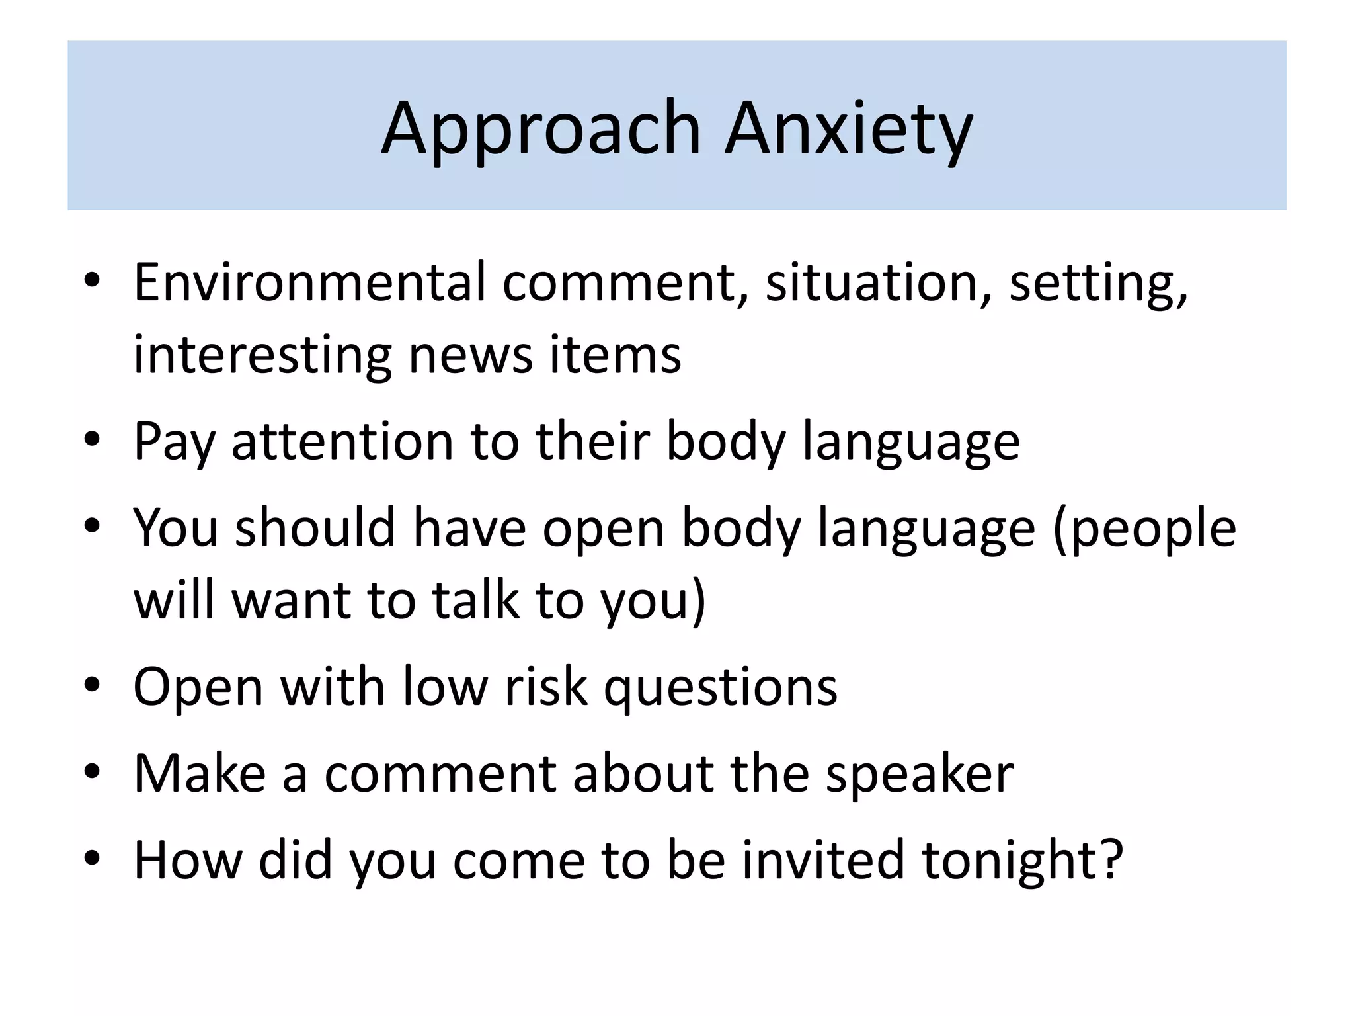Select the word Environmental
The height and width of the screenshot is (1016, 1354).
tap(309, 283)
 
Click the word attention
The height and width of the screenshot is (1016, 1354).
tap(342, 442)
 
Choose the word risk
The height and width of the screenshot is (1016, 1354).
tap(545, 687)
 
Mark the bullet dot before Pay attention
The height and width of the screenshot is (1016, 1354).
tap(92, 439)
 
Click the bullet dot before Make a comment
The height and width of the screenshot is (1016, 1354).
tap(92, 771)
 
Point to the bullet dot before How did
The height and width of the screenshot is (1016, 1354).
tap(92, 858)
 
